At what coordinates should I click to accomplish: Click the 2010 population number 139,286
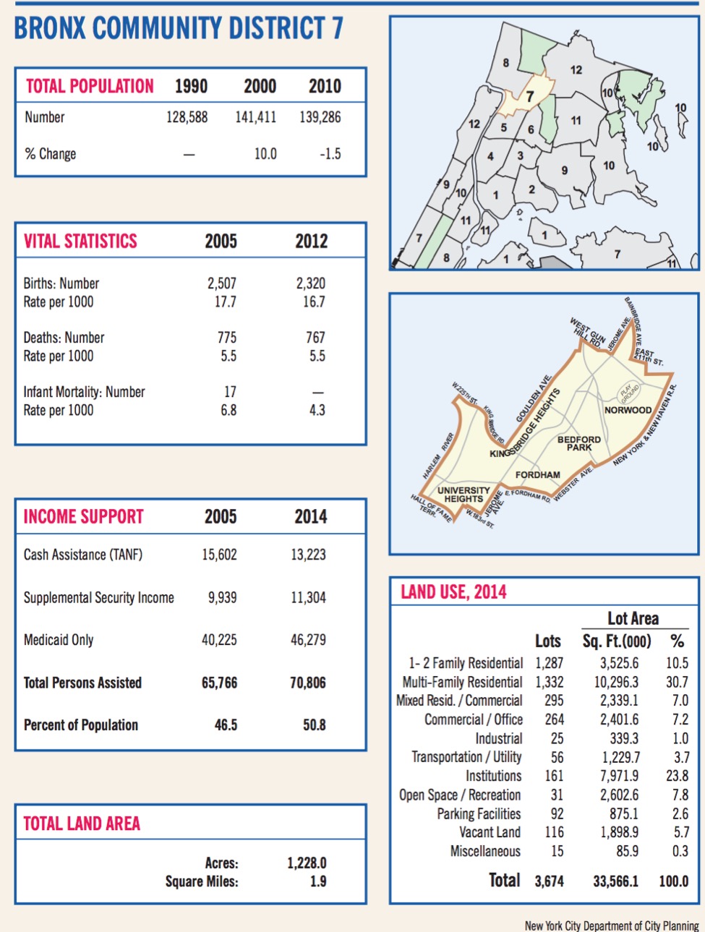[320, 117]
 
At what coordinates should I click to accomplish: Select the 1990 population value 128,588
[187, 117]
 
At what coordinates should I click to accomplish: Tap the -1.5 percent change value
[330, 154]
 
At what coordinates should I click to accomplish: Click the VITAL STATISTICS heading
[80, 241]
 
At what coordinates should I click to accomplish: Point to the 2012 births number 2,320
[311, 283]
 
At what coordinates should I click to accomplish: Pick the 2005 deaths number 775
[226, 338]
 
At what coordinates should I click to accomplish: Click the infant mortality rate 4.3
[317, 410]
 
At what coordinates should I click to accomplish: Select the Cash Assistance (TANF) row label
[83, 555]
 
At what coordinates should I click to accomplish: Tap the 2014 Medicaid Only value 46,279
[308, 640]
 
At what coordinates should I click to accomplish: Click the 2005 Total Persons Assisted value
[219, 683]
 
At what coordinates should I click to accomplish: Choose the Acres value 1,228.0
[307, 863]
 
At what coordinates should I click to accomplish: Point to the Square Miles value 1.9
[318, 881]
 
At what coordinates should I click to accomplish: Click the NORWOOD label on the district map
[628, 410]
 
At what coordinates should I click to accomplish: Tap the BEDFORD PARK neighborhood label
[579, 443]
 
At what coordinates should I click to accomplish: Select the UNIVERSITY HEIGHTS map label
[463, 495]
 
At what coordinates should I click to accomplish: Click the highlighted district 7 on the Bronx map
[529, 97]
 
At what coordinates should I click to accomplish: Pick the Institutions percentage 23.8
[677, 776]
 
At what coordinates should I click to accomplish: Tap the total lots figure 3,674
[549, 881]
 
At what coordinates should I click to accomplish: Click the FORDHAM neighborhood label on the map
[537, 475]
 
